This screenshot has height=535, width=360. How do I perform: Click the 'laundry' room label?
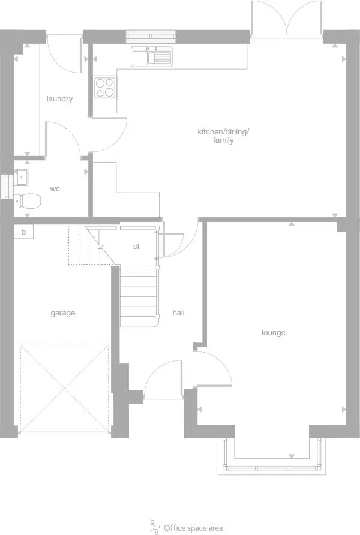pyautogui.click(x=59, y=99)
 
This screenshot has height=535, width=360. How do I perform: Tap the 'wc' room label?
pyautogui.click(x=55, y=189)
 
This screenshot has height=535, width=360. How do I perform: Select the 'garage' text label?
pyautogui.click(x=62, y=313)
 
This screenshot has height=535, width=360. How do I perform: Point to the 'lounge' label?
pyautogui.click(x=273, y=333)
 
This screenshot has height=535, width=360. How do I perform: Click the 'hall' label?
pyautogui.click(x=178, y=313)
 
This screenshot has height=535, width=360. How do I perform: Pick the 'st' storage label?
pyautogui.click(x=136, y=246)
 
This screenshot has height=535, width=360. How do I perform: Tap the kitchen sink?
pyautogui.click(x=151, y=57)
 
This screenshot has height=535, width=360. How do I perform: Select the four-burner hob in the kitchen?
pyautogui.click(x=105, y=88)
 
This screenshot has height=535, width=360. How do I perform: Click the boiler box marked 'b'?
pyautogui.click(x=23, y=232)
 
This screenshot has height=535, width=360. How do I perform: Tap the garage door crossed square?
pyautogui.click(x=64, y=388)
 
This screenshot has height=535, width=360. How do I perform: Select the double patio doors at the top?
pyautogui.click(x=288, y=19)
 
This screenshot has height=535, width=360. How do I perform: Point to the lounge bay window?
pyautogui.click(x=272, y=459)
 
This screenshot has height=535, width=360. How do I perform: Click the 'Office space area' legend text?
pyautogui.click(x=193, y=528)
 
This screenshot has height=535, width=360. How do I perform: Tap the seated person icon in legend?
pyautogui.click(x=154, y=526)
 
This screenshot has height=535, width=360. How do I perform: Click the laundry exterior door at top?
pyautogui.click(x=63, y=51)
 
